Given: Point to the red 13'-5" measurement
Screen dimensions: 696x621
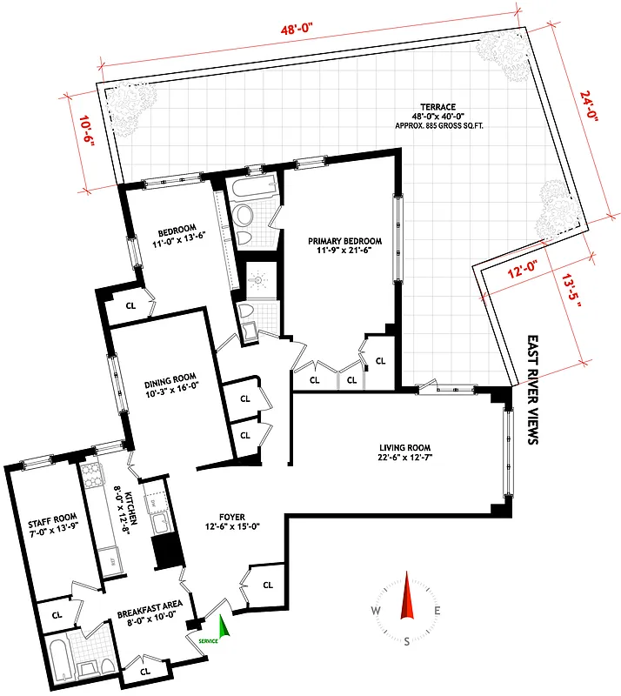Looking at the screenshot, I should [575, 294].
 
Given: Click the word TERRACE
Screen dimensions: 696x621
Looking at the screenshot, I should [432, 111].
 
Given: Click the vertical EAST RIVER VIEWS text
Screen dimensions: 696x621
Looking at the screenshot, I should [533, 391].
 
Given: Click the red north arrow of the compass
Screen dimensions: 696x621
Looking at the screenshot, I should [406, 596].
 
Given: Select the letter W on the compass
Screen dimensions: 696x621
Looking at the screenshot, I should [376, 611].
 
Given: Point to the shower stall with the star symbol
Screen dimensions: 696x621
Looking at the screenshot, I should [257, 281].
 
